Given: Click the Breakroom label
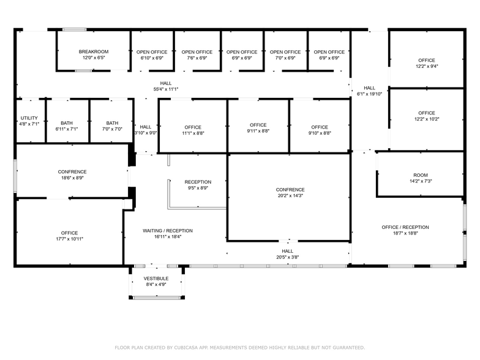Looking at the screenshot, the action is click(x=93, y=51).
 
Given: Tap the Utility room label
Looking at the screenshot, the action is click(x=29, y=118).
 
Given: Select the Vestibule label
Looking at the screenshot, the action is click(x=156, y=278).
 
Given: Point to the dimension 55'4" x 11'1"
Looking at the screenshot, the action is click(x=165, y=89).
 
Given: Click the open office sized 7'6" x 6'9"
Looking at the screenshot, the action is click(x=197, y=55).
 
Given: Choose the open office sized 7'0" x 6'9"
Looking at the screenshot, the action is click(x=285, y=55).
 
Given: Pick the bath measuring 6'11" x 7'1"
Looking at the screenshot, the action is click(x=66, y=126).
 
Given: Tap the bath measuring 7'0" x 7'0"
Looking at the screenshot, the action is click(x=112, y=126).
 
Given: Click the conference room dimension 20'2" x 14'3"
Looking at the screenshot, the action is click(x=290, y=196).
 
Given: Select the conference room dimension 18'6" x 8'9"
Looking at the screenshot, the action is click(x=72, y=178).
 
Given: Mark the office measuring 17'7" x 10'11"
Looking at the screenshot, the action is click(x=70, y=236).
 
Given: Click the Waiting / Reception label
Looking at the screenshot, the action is click(x=168, y=230).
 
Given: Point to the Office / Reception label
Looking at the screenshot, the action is click(x=405, y=227).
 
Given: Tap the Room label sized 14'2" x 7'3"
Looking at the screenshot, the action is click(x=420, y=175).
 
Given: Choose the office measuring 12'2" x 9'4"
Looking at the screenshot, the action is click(x=427, y=63).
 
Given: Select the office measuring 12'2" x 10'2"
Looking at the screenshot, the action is click(x=427, y=116).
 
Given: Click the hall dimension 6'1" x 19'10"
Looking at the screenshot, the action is click(x=370, y=94).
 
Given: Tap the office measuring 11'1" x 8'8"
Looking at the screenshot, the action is click(x=193, y=130).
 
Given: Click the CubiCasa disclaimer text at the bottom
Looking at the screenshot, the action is click(x=240, y=348).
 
